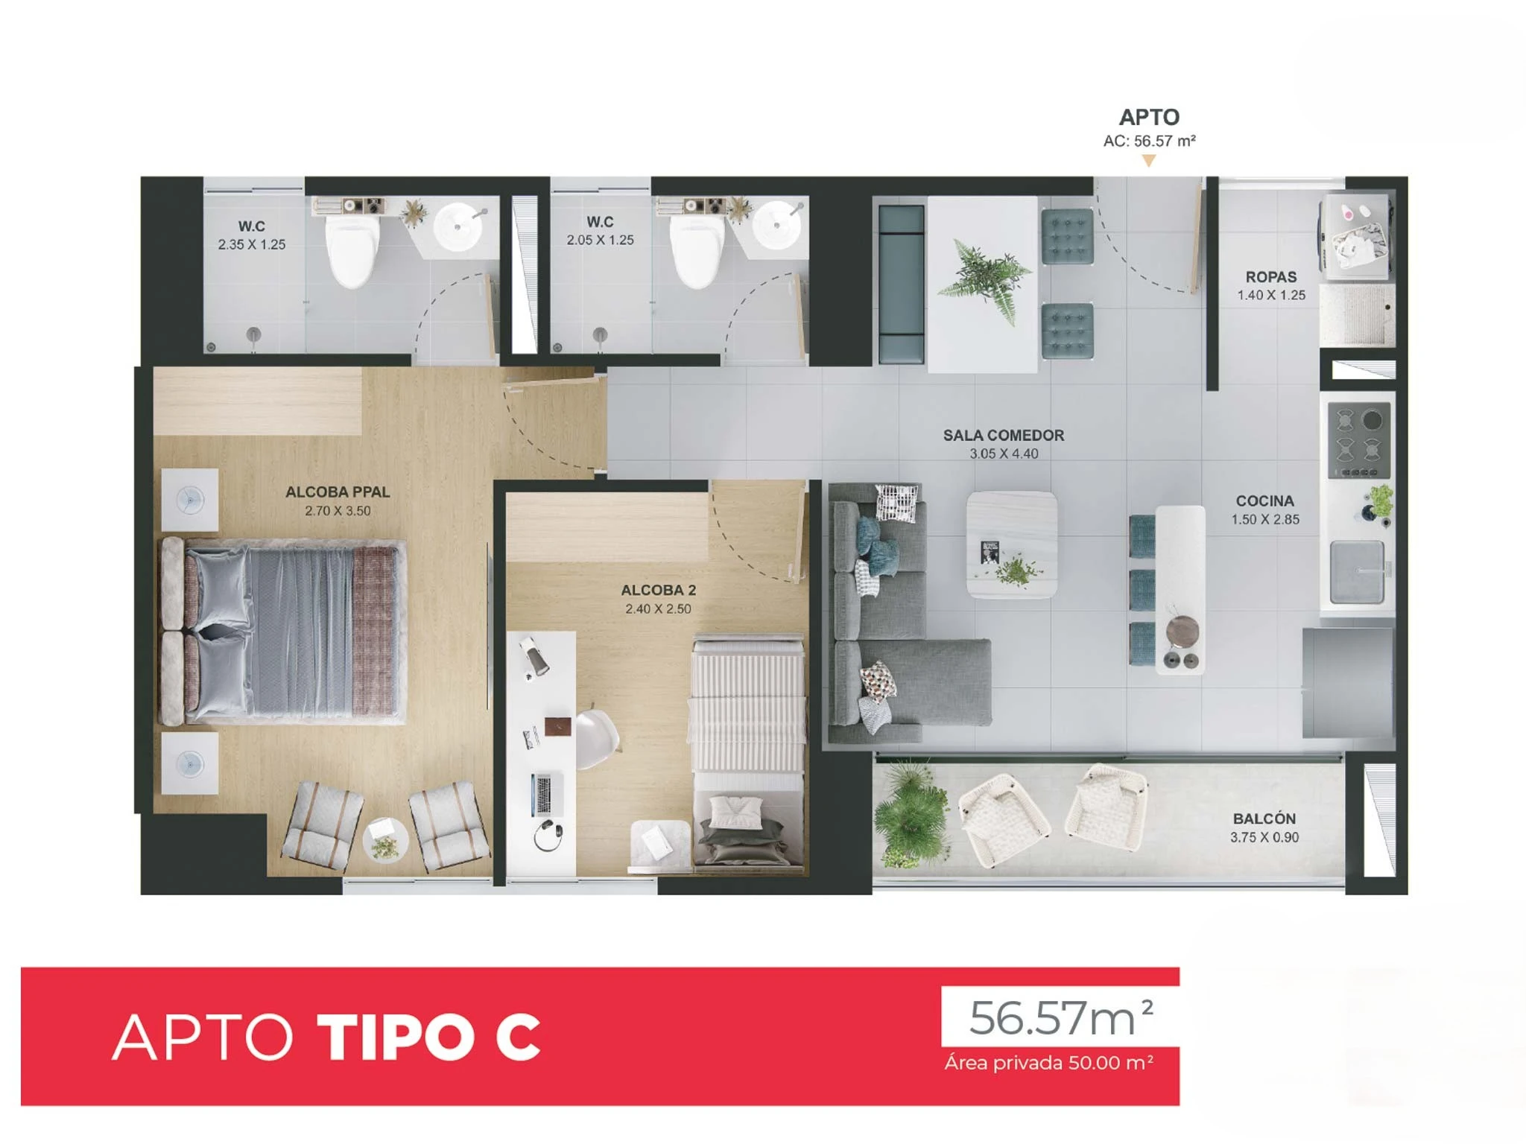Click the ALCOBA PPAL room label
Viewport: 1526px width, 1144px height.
pyautogui.click(x=338, y=492)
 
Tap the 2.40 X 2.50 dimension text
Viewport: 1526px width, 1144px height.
pyautogui.click(x=658, y=608)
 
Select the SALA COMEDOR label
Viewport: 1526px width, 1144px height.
pyautogui.click(x=1004, y=435)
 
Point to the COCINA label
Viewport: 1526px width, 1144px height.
pyautogui.click(x=1264, y=501)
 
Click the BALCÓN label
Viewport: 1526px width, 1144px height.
pyautogui.click(x=1264, y=819)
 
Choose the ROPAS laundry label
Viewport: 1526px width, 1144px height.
pyautogui.click(x=1271, y=277)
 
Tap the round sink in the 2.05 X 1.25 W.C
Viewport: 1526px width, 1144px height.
pyautogui.click(x=776, y=224)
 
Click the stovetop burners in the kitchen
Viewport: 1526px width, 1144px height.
pyautogui.click(x=1359, y=441)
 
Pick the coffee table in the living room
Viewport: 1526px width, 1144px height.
pyautogui.click(x=1012, y=544)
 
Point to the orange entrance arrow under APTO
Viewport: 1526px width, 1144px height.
pyautogui.click(x=1149, y=160)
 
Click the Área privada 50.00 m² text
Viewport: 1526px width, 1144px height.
pyautogui.click(x=1049, y=1063)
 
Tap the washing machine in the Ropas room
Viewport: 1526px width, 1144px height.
pyautogui.click(x=1355, y=236)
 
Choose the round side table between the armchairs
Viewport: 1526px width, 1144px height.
pyautogui.click(x=385, y=841)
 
